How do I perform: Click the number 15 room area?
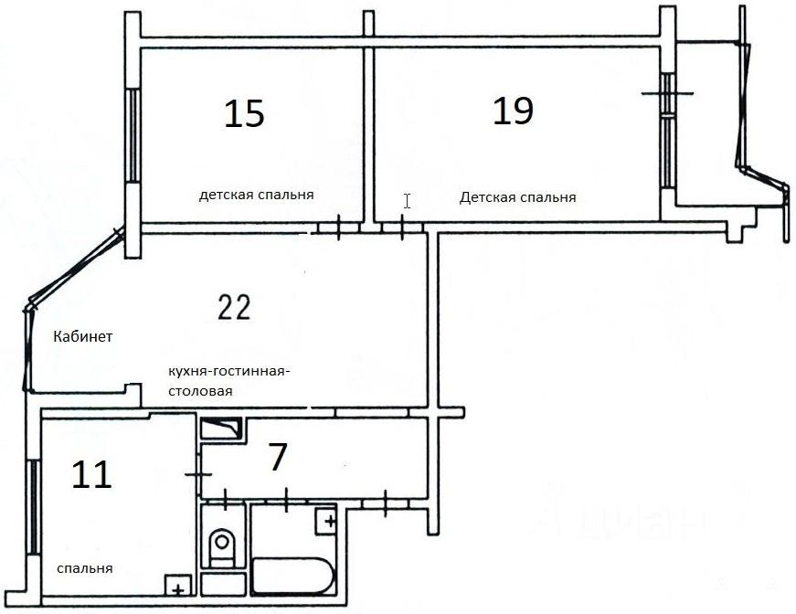[244, 113]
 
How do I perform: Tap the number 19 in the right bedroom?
[514, 111]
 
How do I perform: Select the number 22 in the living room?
[234, 307]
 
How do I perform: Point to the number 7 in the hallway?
[277, 457]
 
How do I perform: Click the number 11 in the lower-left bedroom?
[91, 475]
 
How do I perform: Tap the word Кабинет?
[83, 336]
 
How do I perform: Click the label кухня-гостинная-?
[229, 371]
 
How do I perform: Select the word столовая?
[200, 391]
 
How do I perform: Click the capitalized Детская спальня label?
[518, 197]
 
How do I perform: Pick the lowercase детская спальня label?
[257, 195]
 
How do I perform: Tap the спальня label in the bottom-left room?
[85, 568]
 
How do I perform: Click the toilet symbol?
[222, 547]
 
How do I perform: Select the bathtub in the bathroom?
[293, 576]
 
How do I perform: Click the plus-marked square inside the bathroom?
[326, 521]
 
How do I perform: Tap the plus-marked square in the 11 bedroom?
[177, 585]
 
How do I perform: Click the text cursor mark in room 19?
[407, 201]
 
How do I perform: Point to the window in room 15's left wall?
[133, 135]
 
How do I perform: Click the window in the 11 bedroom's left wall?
[33, 507]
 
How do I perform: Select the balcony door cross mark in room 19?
[667, 93]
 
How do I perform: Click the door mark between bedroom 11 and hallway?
[198, 474]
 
